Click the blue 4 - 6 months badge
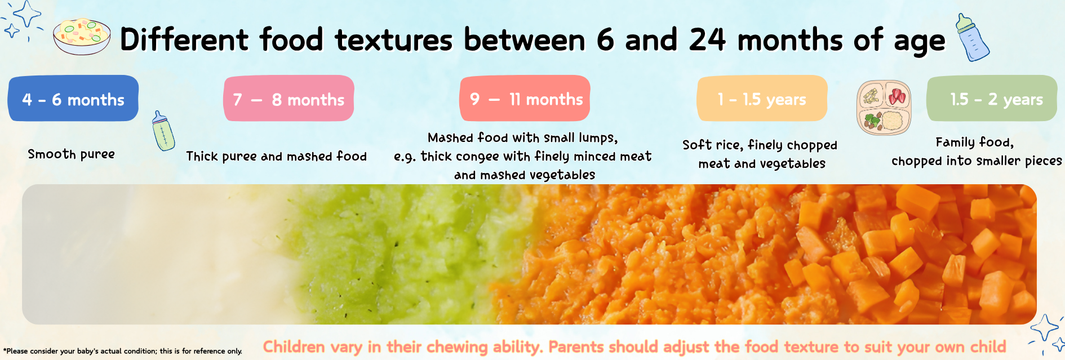point(73,99)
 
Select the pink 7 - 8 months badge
point(289,99)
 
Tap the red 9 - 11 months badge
point(525,99)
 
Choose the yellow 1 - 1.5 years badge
point(762,99)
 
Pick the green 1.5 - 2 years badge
point(992,99)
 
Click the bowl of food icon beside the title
point(82,37)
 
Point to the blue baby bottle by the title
point(973,38)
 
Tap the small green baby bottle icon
point(163,131)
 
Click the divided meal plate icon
point(884,108)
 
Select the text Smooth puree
point(72,154)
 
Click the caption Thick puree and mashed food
point(277,157)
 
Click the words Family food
point(975,142)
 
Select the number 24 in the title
point(708,39)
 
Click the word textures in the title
point(394,40)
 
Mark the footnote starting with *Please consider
point(123,351)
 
